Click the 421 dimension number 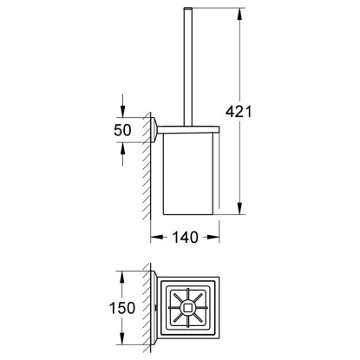coord(239,111)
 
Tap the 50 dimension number coord(122,130)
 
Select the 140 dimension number coord(185,238)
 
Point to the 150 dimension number coord(122,308)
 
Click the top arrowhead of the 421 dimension coord(239,14)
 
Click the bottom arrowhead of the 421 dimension coord(239,209)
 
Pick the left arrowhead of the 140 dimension coord(156,238)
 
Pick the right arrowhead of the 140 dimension coord(213,238)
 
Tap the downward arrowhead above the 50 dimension coord(122,112)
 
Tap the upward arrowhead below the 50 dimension coord(122,148)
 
